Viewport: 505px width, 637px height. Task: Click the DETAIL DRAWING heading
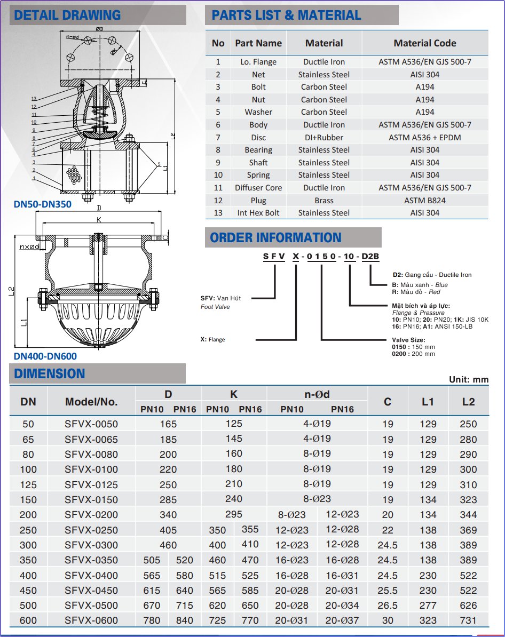tap(67, 15)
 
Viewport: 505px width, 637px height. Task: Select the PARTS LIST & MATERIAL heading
tap(286, 15)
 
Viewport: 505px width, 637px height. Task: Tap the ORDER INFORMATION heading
tap(275, 237)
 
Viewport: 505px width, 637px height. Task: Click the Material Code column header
tap(425, 43)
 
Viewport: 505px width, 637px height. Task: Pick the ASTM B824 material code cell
tap(425, 201)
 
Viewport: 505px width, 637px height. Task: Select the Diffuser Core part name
tap(258, 188)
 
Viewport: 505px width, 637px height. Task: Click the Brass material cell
tap(324, 201)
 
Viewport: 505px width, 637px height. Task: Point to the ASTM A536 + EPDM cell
tap(425, 138)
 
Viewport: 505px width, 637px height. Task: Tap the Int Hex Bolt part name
tap(258, 213)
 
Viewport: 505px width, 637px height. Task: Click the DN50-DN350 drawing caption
tap(43, 204)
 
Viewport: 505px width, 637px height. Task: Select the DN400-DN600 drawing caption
tap(45, 356)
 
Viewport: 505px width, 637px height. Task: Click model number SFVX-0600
tap(91, 620)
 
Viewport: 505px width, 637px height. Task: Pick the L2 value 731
tap(468, 620)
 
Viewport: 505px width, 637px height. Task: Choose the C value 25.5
tap(388, 591)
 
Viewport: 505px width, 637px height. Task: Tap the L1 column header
tap(428, 402)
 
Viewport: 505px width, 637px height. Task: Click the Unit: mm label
tap(469, 379)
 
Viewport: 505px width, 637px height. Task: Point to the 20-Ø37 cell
tap(342, 620)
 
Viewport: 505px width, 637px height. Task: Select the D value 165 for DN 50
tap(168, 424)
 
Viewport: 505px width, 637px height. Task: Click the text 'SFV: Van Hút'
tap(220, 298)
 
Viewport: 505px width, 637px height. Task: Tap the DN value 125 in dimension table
tap(28, 485)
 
